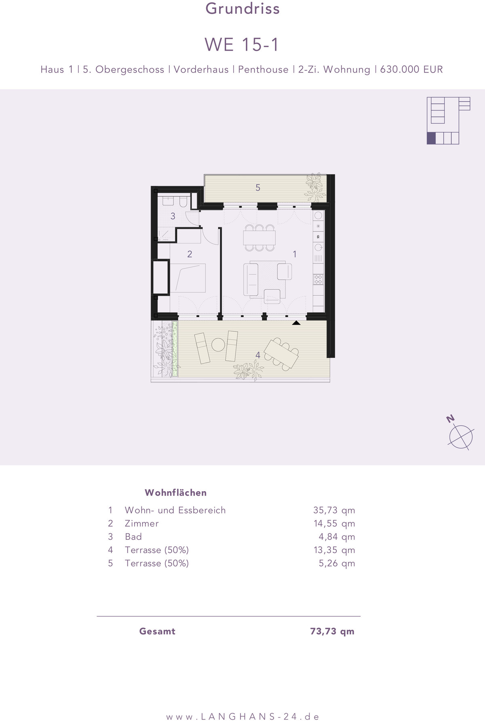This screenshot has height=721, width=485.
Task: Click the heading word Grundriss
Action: tap(242, 8)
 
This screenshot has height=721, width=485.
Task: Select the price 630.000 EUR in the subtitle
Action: tap(411, 70)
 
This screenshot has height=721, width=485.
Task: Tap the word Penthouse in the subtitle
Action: tap(263, 70)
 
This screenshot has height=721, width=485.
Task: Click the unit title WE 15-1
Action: tap(242, 45)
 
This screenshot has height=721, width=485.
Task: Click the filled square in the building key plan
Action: tap(431, 138)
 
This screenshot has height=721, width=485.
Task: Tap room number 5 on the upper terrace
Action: tap(258, 188)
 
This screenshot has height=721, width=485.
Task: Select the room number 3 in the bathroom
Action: tap(173, 216)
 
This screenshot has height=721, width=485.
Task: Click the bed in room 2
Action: tap(188, 278)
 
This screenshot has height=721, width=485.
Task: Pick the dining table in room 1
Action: tap(259, 238)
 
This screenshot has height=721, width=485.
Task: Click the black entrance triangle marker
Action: tap(296, 323)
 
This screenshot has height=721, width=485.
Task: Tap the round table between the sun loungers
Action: tap(218, 345)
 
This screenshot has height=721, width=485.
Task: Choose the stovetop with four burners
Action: tap(318, 279)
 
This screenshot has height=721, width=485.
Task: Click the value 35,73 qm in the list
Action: tap(334, 510)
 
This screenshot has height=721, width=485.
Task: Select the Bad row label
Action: tap(133, 537)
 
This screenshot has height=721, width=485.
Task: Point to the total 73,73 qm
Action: tap(332, 631)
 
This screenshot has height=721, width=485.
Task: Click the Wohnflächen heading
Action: tap(176, 492)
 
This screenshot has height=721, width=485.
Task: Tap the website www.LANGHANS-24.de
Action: tap(242, 717)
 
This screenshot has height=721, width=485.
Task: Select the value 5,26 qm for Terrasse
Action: tap(337, 563)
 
